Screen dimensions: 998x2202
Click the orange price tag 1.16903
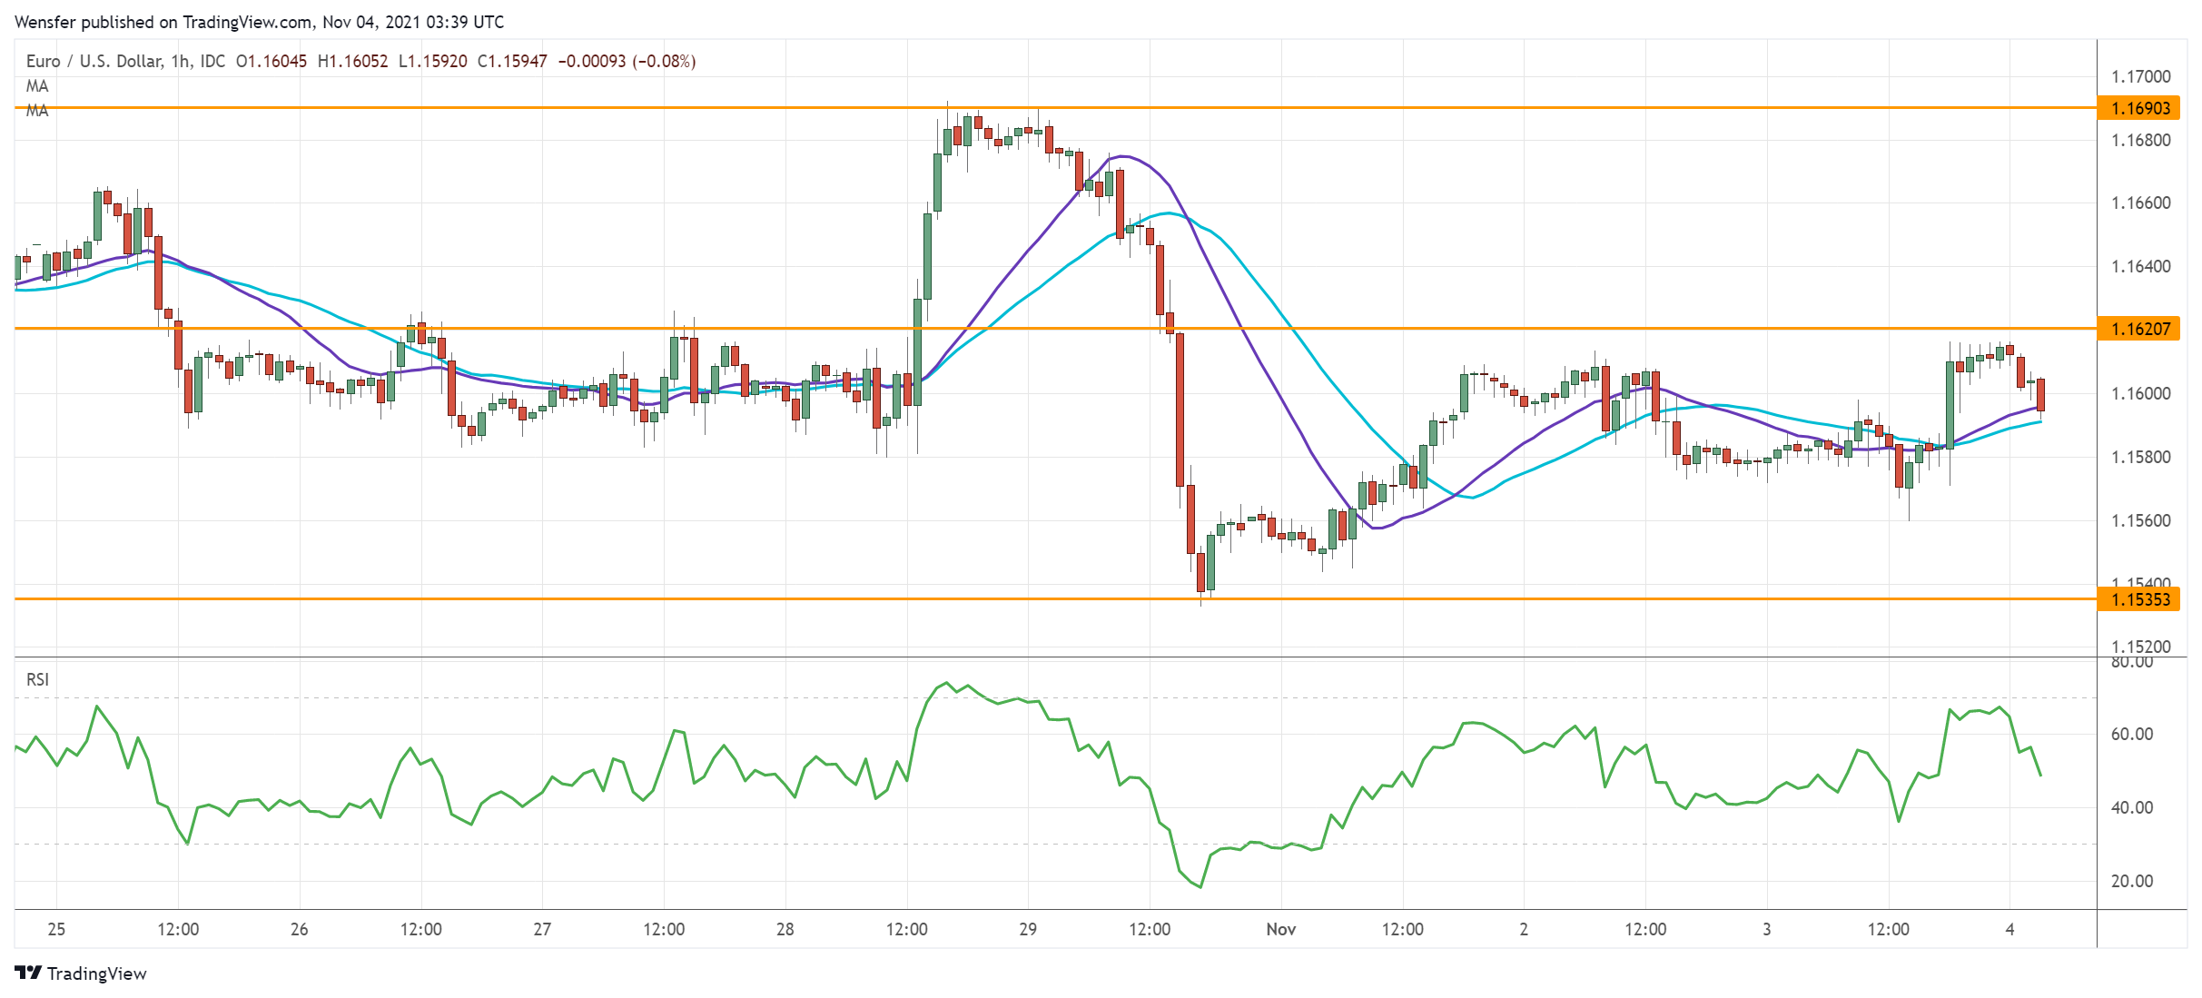[2139, 108]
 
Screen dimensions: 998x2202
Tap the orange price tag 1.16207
[2139, 329]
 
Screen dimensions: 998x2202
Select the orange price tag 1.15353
[2139, 599]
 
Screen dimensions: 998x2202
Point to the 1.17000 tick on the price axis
[2140, 76]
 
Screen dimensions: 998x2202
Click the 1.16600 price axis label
[2140, 203]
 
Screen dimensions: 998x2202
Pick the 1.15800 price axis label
[2140, 457]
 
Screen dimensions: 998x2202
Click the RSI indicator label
[37, 679]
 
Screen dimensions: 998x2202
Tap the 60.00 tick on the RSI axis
[2131, 734]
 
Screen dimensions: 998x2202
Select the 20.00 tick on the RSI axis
[2131, 881]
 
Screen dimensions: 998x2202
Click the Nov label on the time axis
[1280, 929]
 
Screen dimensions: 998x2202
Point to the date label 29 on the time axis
[1027, 929]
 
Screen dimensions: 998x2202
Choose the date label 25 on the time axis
[56, 929]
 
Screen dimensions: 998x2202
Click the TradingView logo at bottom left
[81, 973]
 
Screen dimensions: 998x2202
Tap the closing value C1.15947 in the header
[512, 61]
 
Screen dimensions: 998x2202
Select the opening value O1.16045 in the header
[271, 61]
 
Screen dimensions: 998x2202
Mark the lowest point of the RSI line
[1200, 887]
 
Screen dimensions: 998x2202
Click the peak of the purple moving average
[1123, 156]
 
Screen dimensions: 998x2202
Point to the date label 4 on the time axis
[2009, 929]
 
